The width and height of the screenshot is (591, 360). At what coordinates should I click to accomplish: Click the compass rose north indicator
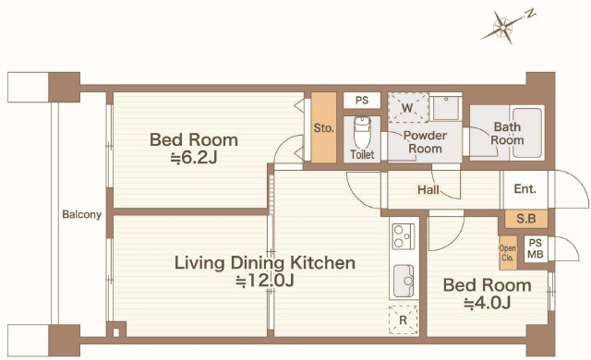click(502, 27)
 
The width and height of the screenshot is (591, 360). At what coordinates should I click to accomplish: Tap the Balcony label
click(82, 215)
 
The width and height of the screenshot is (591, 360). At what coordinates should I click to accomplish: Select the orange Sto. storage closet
click(323, 127)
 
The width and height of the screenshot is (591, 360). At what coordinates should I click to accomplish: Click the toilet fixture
click(362, 133)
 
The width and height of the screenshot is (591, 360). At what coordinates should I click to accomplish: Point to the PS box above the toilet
click(361, 101)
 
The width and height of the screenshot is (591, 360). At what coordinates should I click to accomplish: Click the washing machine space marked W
click(408, 107)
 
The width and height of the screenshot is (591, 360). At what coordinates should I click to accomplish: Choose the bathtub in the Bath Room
click(527, 133)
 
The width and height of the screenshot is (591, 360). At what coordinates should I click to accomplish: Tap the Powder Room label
click(425, 142)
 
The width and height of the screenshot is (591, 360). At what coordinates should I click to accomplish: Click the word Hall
click(428, 189)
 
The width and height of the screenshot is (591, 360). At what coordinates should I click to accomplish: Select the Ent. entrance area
click(525, 188)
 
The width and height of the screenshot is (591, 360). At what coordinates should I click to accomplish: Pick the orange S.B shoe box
click(526, 219)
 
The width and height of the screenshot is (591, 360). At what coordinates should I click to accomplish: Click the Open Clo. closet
click(508, 253)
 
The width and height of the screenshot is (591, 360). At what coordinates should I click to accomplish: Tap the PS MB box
click(536, 249)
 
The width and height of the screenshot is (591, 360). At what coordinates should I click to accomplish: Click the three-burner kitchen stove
click(404, 236)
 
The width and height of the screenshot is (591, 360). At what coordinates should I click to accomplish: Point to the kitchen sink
click(404, 281)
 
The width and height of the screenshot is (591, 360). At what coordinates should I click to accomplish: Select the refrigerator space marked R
click(404, 319)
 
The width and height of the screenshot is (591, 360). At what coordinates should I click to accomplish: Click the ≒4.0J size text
click(487, 303)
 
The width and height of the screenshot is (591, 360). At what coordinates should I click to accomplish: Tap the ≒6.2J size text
click(194, 158)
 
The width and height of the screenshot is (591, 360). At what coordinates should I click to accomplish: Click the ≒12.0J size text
click(265, 281)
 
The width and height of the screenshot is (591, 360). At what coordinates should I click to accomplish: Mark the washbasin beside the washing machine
click(446, 108)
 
